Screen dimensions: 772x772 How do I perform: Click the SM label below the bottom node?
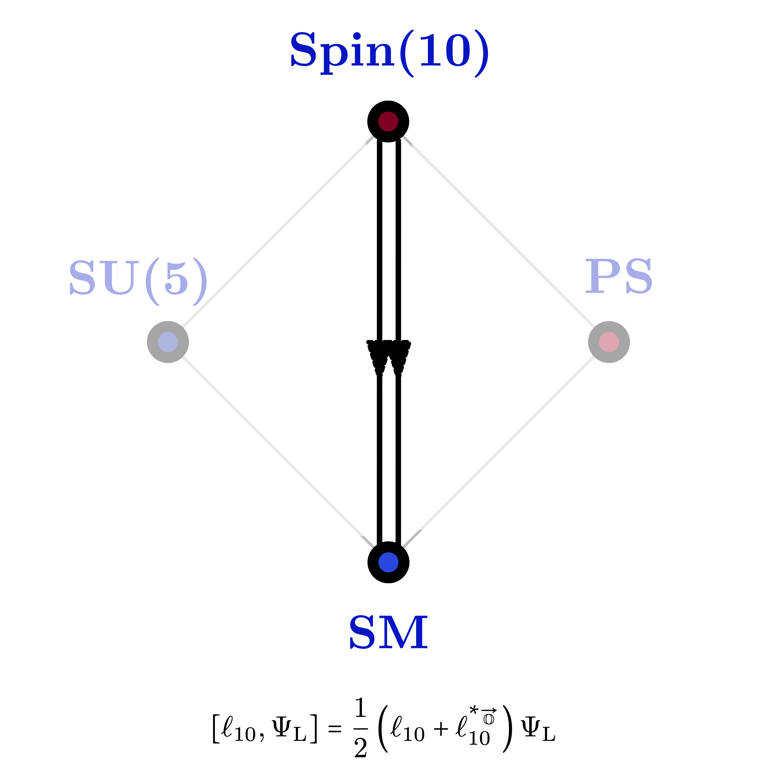(388, 632)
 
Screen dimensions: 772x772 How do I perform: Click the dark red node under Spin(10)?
(388, 121)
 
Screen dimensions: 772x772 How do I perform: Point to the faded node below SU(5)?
(168, 342)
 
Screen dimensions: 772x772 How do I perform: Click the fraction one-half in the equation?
(361, 727)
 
